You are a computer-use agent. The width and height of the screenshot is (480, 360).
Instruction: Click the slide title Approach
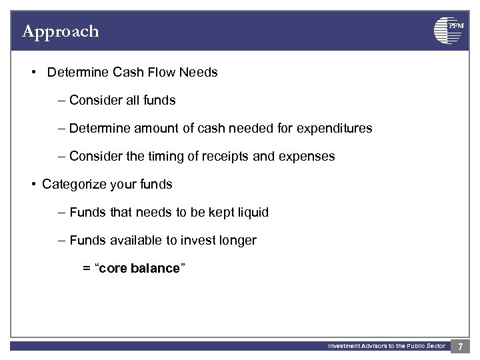tap(60, 31)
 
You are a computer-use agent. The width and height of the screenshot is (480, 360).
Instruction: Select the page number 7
tap(460, 347)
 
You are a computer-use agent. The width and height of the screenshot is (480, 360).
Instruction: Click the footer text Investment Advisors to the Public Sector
tap(386, 346)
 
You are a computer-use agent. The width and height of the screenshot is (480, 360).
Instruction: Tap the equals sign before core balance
tap(86, 269)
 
